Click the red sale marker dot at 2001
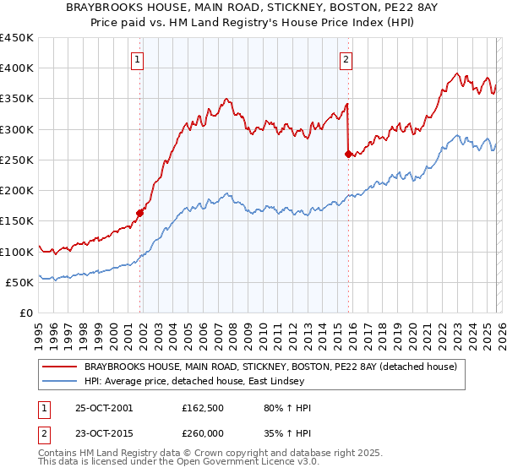140,213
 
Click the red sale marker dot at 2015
348,154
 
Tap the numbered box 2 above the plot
346,59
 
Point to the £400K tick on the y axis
17,68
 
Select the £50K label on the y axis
19,282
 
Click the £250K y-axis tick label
17,160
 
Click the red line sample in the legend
60,367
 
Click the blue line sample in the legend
60,381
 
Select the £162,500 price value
203,409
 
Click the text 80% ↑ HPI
288,409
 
